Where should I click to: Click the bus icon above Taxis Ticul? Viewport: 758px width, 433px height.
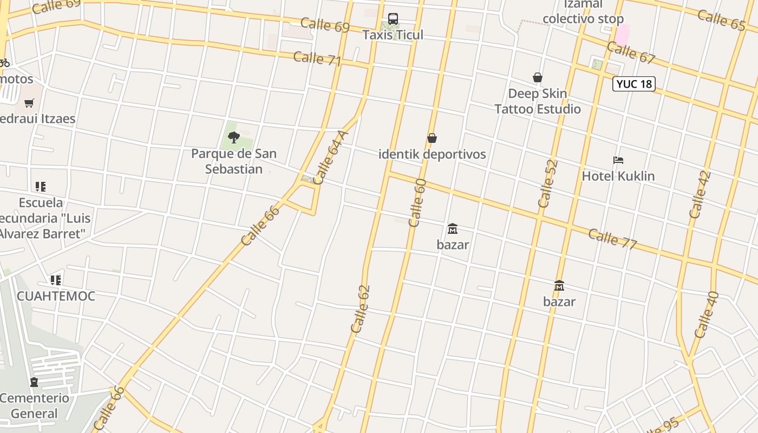pos(393,19)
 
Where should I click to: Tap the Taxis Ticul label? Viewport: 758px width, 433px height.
pos(393,35)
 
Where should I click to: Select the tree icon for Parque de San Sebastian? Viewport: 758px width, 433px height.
pos(234,137)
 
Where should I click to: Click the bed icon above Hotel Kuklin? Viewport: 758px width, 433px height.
pos(618,160)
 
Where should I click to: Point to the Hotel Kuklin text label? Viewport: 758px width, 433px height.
pos(618,176)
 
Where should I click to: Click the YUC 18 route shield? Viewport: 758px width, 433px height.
pos(634,84)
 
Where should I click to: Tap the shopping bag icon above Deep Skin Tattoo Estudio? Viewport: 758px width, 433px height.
pos(538,78)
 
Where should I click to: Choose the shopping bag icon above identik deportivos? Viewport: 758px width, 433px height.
pos(432,139)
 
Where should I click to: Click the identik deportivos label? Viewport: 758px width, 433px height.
pos(432,154)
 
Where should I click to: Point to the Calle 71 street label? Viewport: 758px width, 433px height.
pos(317,58)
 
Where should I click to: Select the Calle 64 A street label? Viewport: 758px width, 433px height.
pos(330,158)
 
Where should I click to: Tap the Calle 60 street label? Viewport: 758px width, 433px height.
pos(417,202)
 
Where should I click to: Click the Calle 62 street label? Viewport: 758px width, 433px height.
pos(360,309)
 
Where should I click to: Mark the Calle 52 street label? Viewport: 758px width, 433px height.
pos(548,183)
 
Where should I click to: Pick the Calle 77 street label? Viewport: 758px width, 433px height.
pos(612,239)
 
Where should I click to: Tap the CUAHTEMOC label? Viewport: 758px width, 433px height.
pos(56,296)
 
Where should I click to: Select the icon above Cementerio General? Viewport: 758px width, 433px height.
pos(34,383)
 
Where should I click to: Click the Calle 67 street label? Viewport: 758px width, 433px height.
pos(631,53)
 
